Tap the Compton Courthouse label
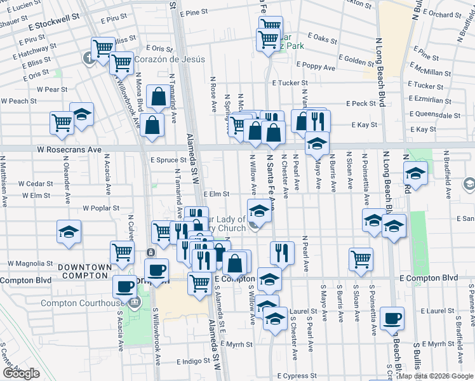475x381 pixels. [82, 303]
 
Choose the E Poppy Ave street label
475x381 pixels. [311, 67]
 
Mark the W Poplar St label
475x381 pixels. [102, 208]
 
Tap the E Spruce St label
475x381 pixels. [169, 160]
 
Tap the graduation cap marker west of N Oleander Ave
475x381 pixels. [69, 231]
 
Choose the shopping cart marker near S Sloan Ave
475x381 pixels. [361, 258]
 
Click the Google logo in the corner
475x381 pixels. [21, 373]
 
